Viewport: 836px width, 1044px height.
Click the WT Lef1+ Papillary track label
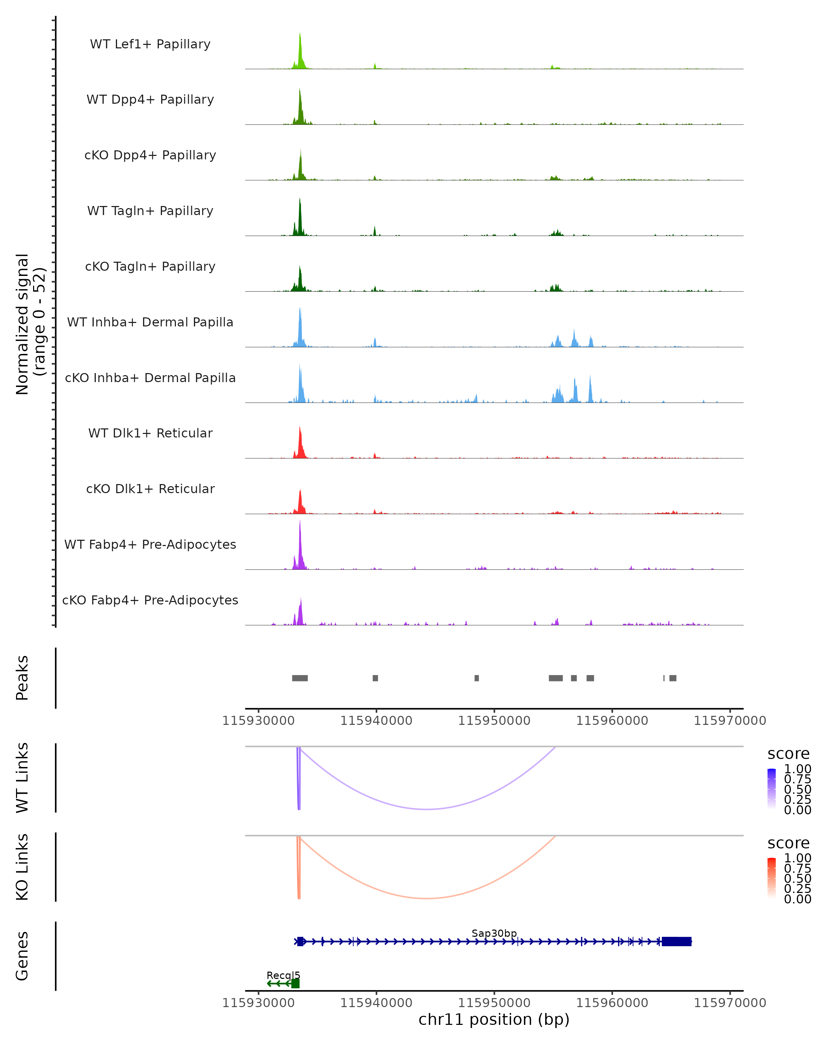coord(150,44)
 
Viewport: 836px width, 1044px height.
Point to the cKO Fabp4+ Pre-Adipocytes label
coord(150,600)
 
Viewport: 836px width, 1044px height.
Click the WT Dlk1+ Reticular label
coord(150,433)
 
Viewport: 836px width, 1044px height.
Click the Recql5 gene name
coord(283,975)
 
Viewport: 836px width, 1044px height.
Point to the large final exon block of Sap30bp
coord(676,941)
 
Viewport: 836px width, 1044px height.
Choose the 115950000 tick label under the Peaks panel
coord(494,721)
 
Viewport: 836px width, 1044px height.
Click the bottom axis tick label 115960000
coord(612,1003)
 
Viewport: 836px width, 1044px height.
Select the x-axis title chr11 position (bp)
coord(494,1020)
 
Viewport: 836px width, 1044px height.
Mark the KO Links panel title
coord(22,867)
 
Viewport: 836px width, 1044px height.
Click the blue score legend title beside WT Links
coord(788,754)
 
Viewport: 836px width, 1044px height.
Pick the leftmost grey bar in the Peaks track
coord(300,678)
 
